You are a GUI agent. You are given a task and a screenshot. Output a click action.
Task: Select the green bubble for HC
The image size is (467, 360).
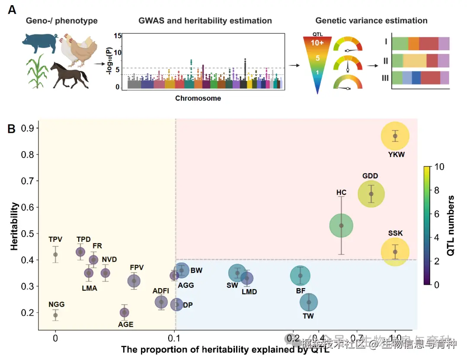[342, 225]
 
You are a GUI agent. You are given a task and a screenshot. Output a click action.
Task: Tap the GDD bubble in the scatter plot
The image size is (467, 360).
[371, 194]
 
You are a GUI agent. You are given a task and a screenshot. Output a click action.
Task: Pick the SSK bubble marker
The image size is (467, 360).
[395, 252]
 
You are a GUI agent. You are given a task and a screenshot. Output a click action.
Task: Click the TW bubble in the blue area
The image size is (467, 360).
[309, 302]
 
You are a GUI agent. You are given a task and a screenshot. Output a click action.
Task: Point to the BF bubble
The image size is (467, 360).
[300, 276]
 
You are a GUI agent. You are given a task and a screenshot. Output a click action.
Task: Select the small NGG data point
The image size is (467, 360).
[55, 315]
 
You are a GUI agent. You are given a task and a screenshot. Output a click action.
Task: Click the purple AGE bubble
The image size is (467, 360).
[124, 312]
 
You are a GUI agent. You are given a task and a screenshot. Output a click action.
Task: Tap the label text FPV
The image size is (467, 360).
[137, 267]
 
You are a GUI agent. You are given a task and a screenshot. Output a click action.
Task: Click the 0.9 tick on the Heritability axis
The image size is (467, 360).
[30, 129]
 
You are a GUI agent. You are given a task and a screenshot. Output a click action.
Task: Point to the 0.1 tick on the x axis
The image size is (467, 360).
[175, 337]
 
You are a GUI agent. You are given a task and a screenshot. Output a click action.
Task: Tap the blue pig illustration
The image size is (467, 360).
[40, 43]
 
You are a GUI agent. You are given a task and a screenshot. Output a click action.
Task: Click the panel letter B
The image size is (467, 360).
[12, 129]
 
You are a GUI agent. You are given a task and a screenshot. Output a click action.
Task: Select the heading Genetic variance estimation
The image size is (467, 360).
[371, 20]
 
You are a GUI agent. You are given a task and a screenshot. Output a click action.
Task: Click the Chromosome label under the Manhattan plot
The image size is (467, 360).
[198, 98]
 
